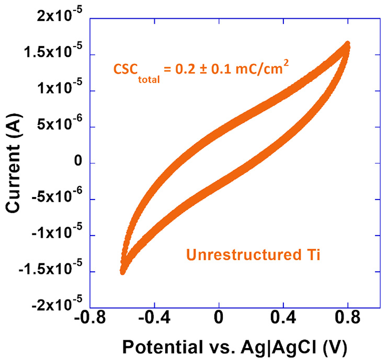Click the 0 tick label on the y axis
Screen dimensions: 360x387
tap(79, 163)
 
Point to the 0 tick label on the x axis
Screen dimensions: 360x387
tap(219, 319)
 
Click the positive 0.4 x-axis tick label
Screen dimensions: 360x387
tap(283, 319)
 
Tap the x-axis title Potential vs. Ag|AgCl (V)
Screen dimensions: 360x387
tap(235, 346)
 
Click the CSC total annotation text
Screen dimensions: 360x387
tap(204, 70)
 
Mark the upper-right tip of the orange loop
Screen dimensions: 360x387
tap(347, 44)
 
